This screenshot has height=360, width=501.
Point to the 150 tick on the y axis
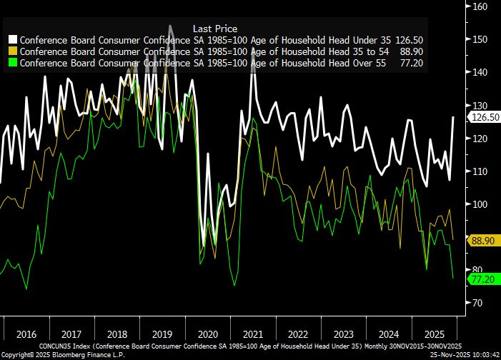click(x=480, y=39)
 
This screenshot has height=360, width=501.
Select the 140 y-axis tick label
click(x=480, y=72)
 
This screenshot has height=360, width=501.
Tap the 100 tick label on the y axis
click(x=480, y=204)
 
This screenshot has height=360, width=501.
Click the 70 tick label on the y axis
click(x=480, y=303)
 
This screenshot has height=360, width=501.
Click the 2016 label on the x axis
click(x=26, y=334)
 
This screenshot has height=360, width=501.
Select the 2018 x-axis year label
click(x=116, y=334)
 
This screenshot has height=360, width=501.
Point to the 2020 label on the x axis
click(x=207, y=334)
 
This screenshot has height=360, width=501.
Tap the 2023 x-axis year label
click(x=344, y=334)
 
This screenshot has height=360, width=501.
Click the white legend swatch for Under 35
click(x=13, y=40)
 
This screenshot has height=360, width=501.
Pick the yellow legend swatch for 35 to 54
click(x=13, y=51)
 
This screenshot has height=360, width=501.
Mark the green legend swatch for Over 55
click(x=13, y=63)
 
